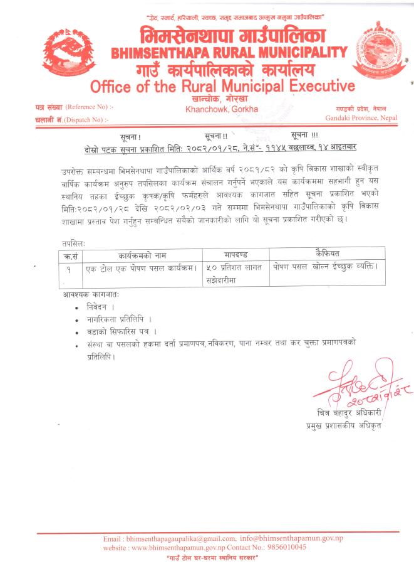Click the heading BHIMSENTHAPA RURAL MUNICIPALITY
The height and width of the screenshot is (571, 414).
[229, 53]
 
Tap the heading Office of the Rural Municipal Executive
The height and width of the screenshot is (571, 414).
[222, 86]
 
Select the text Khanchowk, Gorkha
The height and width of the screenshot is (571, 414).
[217, 109]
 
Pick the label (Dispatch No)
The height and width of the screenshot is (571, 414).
[88, 119]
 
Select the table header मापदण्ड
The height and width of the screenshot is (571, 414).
[237, 255]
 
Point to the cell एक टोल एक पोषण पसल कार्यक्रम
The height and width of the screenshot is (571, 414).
[143, 268]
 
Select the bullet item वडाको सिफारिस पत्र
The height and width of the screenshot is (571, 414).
[122, 331]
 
